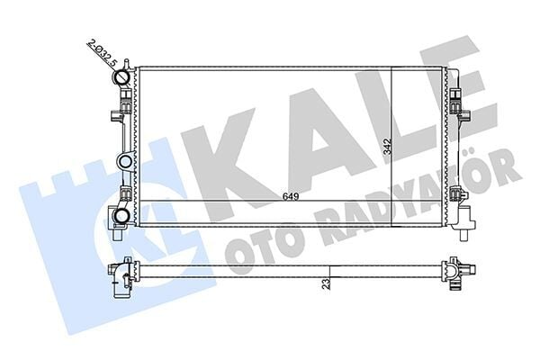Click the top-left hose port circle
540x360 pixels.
pos(122,78)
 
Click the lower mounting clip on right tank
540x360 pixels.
pos(458,195)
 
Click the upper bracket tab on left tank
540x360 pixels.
pos(114,116)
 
